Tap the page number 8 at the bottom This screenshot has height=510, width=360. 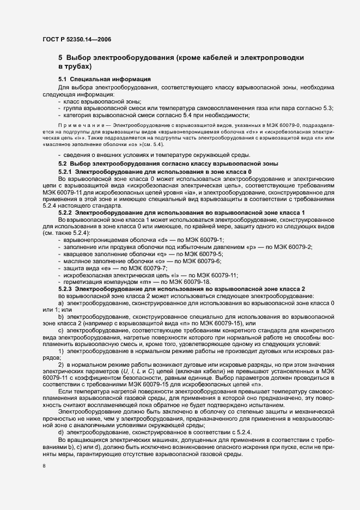44,466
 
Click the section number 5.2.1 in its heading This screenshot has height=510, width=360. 68,172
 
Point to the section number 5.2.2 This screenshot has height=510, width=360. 68,212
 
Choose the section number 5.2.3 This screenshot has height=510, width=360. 68,288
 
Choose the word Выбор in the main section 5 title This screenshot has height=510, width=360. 81,57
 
